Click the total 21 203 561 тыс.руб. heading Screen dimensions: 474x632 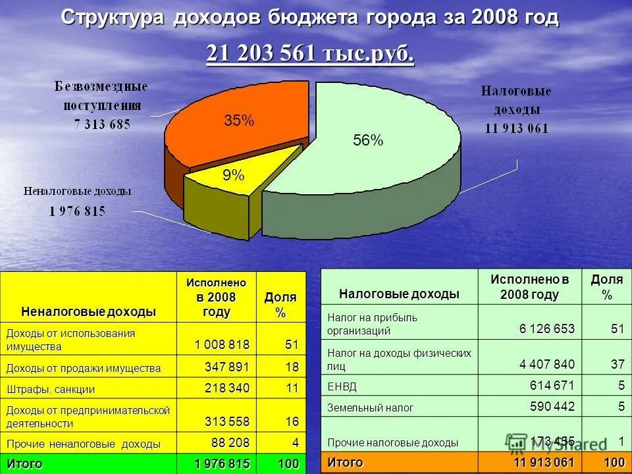point(310,53)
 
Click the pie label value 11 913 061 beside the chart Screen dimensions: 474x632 point(517,128)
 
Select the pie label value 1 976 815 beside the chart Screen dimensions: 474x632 point(77,211)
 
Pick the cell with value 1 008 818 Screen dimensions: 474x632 point(222,345)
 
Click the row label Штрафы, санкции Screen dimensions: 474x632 point(51,389)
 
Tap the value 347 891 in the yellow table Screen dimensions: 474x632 point(228,367)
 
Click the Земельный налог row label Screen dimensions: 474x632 point(370,408)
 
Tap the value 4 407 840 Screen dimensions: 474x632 point(546,364)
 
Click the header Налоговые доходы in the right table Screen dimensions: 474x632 point(399,294)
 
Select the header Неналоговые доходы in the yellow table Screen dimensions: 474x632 point(88,311)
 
